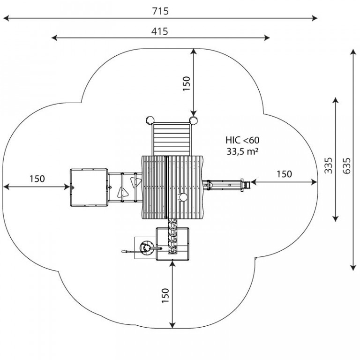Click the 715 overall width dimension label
tap(160, 11)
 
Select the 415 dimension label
tap(159, 31)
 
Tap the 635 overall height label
tap(347, 165)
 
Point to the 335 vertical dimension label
tap(328, 165)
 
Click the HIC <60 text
tap(242, 140)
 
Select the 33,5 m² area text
tap(242, 151)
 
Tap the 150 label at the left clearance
tap(37, 179)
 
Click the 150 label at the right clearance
tap(284, 174)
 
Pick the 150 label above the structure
tap(187, 83)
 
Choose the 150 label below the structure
tap(165, 295)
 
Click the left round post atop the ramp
tap(150, 120)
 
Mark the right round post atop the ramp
tap(193, 120)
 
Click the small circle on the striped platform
tap(183, 197)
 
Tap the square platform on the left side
tap(89, 187)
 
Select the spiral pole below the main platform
tap(172, 236)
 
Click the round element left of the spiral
tap(146, 248)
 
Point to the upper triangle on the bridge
tap(136, 182)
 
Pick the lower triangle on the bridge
tap(122, 192)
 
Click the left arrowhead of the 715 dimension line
tap(6, 18)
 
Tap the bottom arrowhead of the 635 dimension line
tap(353, 268)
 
